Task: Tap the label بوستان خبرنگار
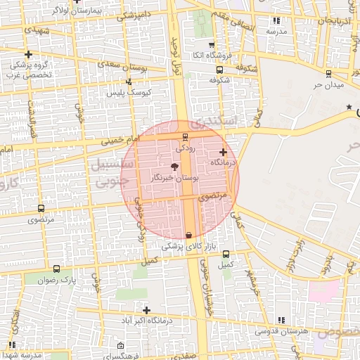(175, 179)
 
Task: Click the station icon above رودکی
(185, 136)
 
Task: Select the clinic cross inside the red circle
(224, 152)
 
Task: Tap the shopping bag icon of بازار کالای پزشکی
(188, 235)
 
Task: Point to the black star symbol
(349, 107)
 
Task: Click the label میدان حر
(327, 85)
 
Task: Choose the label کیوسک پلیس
(125, 93)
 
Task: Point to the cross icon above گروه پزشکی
(28, 54)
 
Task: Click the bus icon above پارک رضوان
(56, 269)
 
